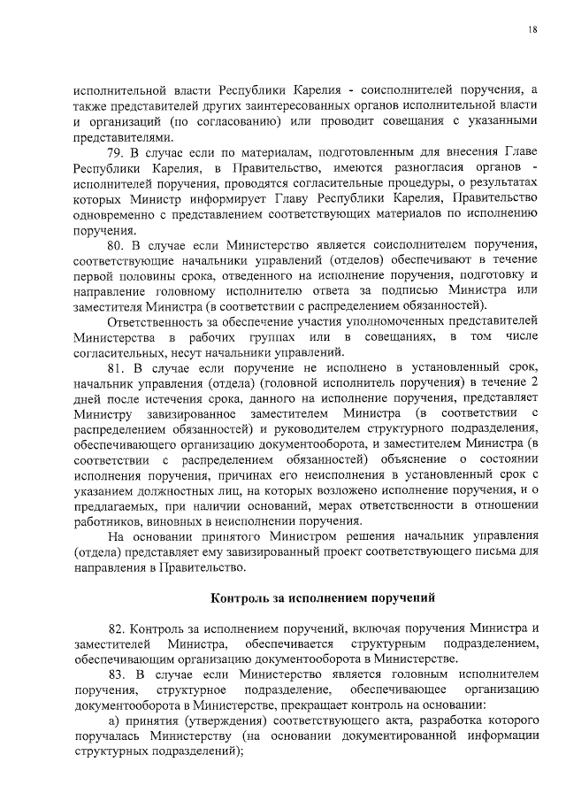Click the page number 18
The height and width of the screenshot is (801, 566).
click(x=533, y=29)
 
